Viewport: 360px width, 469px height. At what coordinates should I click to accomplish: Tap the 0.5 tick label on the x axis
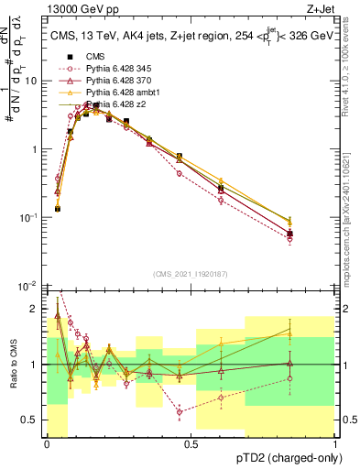(191, 443)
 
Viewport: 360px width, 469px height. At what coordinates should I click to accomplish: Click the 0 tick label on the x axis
(48, 443)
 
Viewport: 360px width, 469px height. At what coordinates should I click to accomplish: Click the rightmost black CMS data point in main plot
(289, 234)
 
